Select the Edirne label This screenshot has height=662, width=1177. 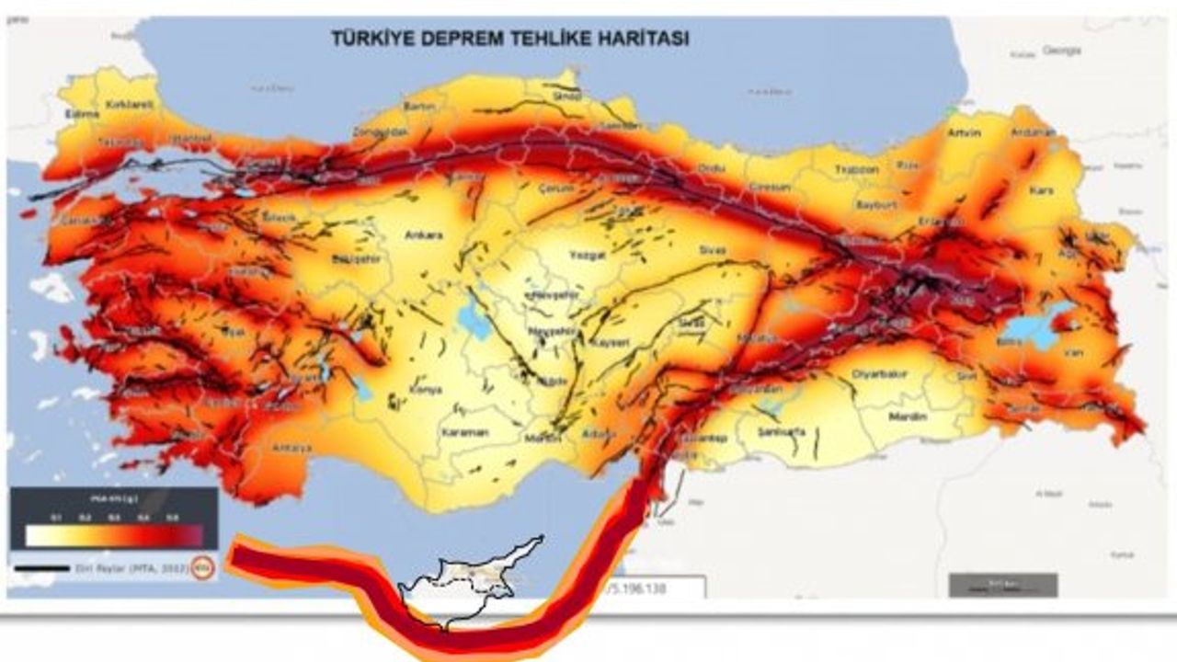coord(82,114)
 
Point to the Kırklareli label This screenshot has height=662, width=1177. coord(128,106)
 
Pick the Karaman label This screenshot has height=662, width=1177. coord(464,432)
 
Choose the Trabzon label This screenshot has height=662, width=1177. coord(857,170)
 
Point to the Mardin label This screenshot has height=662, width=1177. coord(907,417)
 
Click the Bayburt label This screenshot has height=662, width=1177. coord(875,205)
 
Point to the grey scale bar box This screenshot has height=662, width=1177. coord(1003,585)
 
